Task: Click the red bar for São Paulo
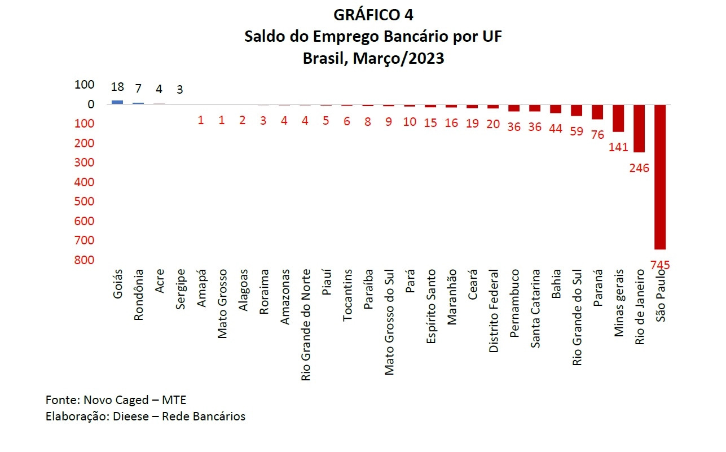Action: [659, 177]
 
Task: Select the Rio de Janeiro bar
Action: [639, 128]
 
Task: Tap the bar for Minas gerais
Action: [618, 118]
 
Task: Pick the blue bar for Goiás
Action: [117, 102]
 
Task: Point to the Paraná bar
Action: [597, 112]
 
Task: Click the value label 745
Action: [659, 265]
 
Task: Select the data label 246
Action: [640, 168]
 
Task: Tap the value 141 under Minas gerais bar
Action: [618, 147]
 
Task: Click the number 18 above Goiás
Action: [117, 87]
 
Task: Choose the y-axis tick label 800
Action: [84, 260]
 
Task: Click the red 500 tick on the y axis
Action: [84, 201]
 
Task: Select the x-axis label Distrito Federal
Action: [494, 311]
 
